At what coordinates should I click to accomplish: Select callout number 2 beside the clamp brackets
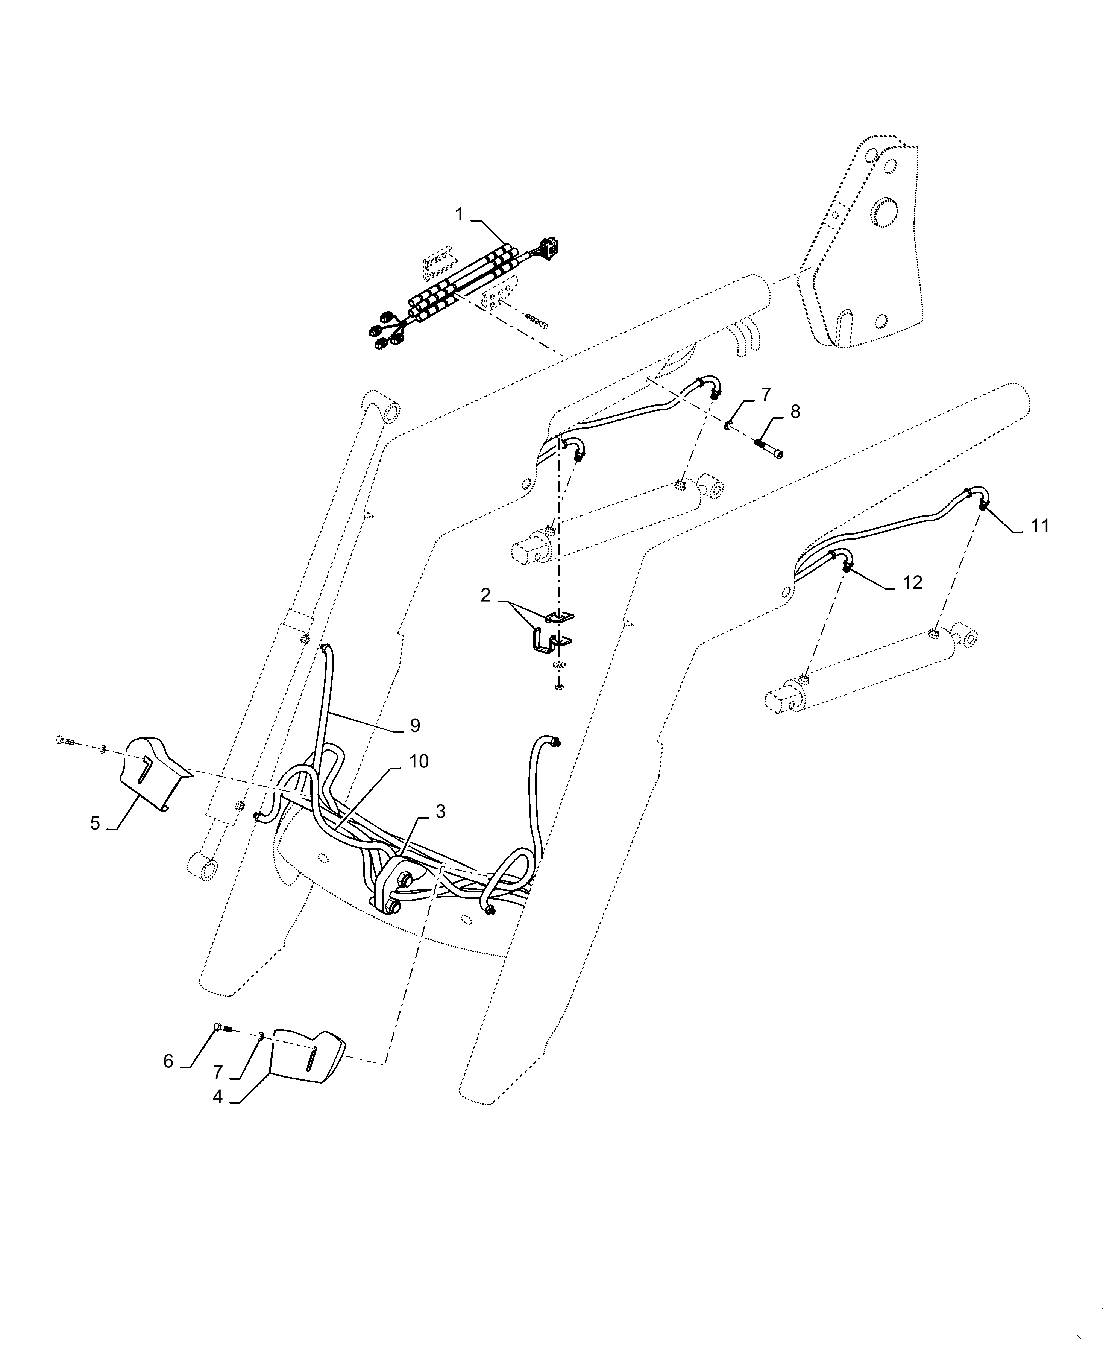pyautogui.click(x=485, y=596)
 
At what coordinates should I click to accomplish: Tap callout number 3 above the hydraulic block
pyautogui.click(x=440, y=812)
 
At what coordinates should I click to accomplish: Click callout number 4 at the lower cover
pyautogui.click(x=218, y=1097)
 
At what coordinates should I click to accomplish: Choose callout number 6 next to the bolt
pyautogui.click(x=168, y=1061)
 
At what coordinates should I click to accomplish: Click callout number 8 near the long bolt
pyautogui.click(x=795, y=412)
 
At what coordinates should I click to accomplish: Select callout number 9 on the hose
pyautogui.click(x=415, y=725)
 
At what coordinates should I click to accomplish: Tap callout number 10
pyautogui.click(x=419, y=761)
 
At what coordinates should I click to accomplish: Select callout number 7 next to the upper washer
pyautogui.click(x=766, y=394)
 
